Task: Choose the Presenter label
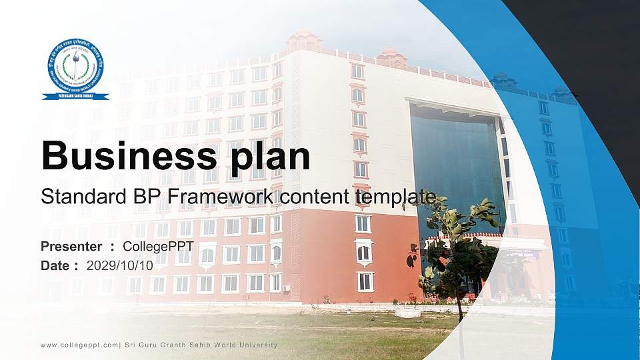[71, 247]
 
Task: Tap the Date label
[55, 265]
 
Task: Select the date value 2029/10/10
[120, 265]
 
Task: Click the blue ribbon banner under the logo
[75, 97]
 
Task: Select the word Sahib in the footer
[195, 345]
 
